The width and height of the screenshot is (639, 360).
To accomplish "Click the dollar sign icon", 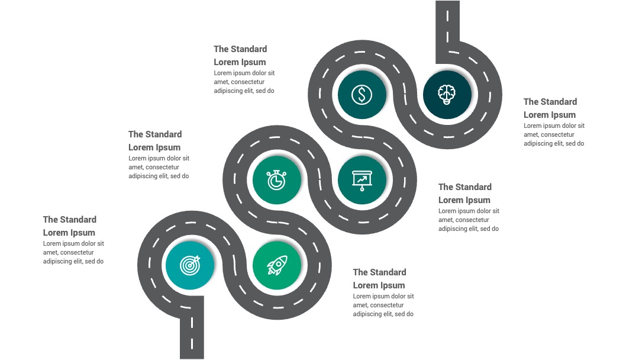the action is click(362, 95).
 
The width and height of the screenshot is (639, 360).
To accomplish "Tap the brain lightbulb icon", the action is click(447, 95).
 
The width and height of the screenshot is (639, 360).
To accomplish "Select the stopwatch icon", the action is click(276, 180).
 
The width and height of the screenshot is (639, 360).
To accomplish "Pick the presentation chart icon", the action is click(362, 180).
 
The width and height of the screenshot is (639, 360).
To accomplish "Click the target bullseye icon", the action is click(191, 265).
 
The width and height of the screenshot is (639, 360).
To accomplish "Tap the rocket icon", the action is click(277, 265).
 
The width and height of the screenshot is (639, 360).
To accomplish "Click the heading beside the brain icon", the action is click(550, 108).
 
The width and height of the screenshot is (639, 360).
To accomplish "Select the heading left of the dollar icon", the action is click(240, 56).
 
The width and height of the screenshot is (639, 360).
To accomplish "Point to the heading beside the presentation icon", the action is click(465, 193).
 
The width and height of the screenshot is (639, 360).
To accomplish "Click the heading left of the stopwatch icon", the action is click(155, 141).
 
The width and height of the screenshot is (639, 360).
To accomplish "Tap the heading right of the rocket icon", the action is click(379, 278).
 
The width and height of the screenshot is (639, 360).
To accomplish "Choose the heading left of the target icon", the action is click(70, 226).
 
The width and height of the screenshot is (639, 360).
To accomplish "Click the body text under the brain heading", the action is click(554, 134).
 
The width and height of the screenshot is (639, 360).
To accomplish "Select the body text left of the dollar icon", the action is click(244, 82).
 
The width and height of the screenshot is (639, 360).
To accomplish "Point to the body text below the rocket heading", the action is click(383, 305).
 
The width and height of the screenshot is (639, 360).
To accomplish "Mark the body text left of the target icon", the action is click(73, 252).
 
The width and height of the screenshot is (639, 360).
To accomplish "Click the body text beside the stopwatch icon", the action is click(159, 167).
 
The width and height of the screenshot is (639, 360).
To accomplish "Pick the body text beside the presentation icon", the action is click(469, 220).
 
